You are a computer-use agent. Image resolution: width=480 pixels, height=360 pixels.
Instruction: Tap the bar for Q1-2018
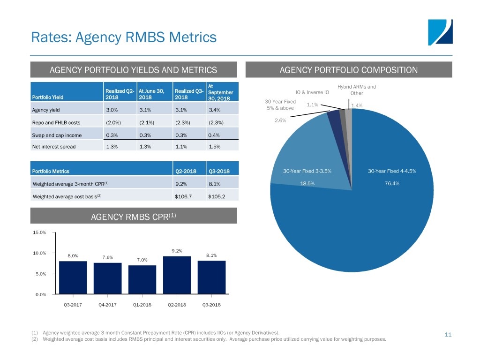pos(142,280)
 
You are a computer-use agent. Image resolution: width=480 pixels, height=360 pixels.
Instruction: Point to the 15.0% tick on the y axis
pos(39,232)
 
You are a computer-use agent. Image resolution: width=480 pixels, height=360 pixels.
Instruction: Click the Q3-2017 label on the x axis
pos(74,305)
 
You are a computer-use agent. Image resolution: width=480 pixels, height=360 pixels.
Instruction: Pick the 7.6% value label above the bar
pos(108,256)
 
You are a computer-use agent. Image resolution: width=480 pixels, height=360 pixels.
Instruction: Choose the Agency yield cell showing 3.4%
pos(215,111)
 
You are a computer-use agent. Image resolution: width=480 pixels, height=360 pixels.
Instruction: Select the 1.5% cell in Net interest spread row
pos(215,146)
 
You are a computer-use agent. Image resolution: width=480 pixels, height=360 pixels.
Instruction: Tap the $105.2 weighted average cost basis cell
pos(217,196)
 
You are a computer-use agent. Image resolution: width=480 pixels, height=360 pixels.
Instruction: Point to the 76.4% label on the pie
pos(392,183)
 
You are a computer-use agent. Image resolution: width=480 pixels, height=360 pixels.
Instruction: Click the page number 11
pos(448,335)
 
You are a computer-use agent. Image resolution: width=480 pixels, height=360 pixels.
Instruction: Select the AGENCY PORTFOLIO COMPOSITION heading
pos(348,70)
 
